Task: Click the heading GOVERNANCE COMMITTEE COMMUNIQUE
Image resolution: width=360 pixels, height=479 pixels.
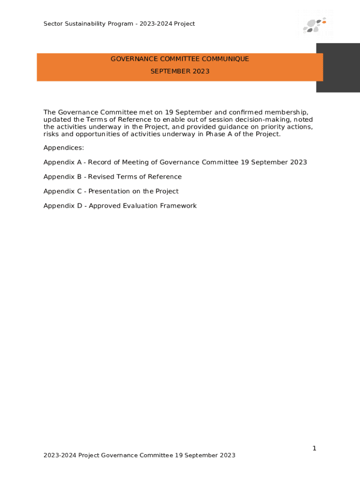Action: [x=180, y=59]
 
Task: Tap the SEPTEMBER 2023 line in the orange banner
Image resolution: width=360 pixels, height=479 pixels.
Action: [x=180, y=72]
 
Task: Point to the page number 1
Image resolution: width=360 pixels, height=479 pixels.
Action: [x=314, y=449]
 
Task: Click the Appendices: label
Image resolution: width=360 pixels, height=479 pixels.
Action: [x=64, y=148]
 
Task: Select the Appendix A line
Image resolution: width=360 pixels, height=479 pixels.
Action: [x=175, y=162]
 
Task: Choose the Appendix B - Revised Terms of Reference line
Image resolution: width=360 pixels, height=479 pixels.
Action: [x=112, y=177]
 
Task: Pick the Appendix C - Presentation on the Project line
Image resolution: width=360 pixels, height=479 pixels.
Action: [x=111, y=191]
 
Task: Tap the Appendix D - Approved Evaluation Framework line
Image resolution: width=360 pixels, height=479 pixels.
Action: [x=120, y=206]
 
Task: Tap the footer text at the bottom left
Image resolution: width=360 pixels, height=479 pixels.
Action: [x=139, y=455]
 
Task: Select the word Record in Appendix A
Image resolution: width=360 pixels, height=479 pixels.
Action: [x=99, y=162]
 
